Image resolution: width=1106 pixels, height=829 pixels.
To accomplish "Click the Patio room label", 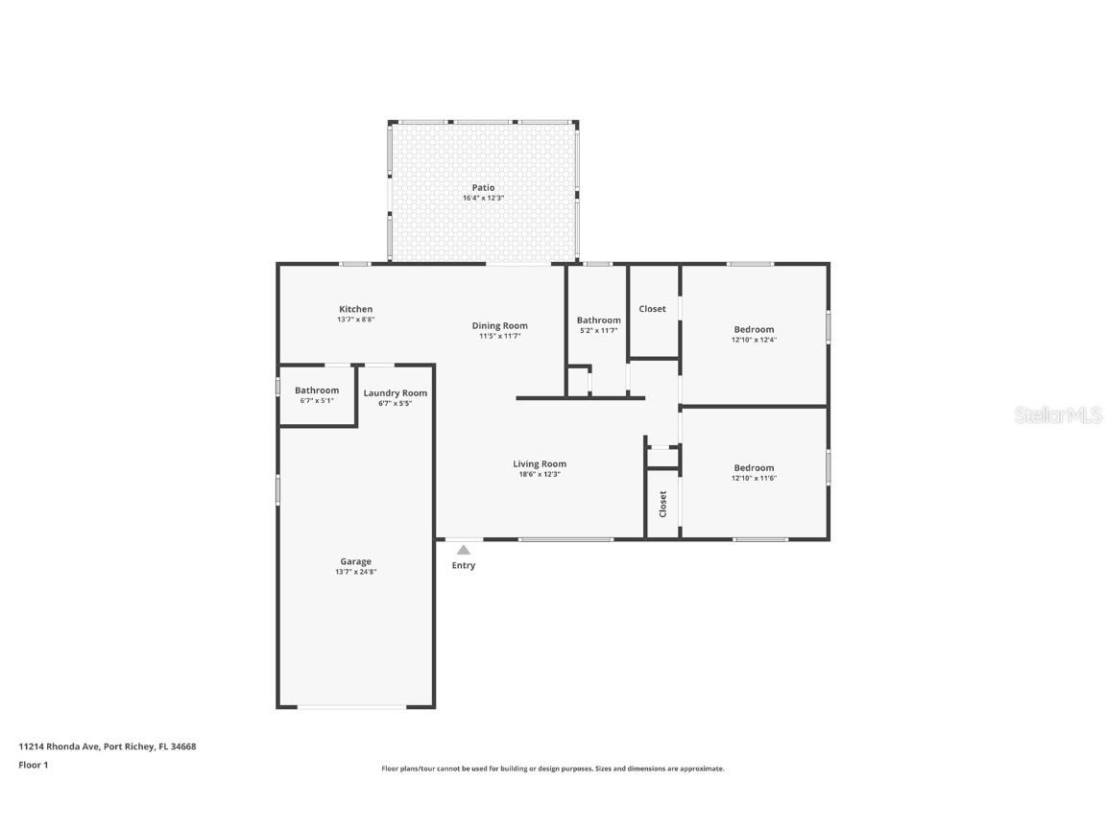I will click(x=483, y=187).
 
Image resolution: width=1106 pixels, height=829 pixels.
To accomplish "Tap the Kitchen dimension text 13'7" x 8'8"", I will click(x=355, y=320).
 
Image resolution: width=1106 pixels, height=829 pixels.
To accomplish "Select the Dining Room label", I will click(x=499, y=325).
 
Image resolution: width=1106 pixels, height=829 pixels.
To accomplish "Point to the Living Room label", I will click(x=539, y=463).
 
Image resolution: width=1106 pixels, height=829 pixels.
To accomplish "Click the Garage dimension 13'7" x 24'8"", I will click(x=355, y=572).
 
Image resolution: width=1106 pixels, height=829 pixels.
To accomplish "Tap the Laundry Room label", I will click(x=395, y=392).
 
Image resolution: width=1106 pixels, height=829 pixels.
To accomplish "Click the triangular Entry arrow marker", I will click(x=464, y=550).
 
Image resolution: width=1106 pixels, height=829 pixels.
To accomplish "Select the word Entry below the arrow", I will click(x=464, y=565).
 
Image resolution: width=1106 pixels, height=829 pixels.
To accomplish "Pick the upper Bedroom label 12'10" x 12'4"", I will click(x=754, y=329).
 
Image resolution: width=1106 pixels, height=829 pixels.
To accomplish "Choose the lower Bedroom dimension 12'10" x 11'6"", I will click(x=754, y=478).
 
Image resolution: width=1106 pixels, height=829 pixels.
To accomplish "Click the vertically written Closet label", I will click(x=662, y=504).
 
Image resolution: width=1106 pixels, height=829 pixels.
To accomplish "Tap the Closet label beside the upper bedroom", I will click(x=652, y=309).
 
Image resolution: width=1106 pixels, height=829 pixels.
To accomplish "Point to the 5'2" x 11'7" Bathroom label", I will click(x=598, y=320).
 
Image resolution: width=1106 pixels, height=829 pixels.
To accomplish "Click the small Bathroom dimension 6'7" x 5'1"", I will click(x=317, y=401).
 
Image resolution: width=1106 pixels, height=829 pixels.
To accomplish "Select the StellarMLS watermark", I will click(x=1060, y=415).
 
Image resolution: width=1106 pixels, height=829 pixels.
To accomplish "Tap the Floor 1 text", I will click(x=33, y=765).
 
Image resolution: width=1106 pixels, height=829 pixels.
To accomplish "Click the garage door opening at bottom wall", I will click(x=351, y=708).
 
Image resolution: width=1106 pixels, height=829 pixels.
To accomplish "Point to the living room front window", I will click(x=565, y=539).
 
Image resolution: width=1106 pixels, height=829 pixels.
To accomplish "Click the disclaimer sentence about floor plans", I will click(x=552, y=769).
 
